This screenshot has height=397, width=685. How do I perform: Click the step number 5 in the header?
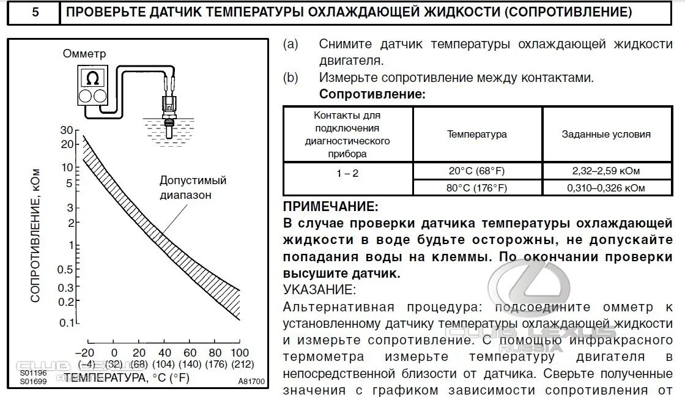click(34, 12)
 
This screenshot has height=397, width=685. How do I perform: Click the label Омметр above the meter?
click(84, 54)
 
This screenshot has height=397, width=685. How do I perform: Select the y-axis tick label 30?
click(67, 130)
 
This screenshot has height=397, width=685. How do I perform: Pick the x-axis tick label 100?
click(240, 352)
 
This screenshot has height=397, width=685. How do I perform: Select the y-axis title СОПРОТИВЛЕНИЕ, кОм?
click(35, 234)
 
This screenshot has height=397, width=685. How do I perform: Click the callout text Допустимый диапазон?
click(193, 188)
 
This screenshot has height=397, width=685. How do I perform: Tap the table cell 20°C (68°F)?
click(477, 171)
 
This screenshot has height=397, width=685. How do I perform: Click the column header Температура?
click(477, 134)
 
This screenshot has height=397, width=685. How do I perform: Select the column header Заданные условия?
click(606, 134)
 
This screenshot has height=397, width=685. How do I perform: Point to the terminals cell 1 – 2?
click(347, 173)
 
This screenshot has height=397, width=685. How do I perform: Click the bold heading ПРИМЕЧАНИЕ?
click(331, 207)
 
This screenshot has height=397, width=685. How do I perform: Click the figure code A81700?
click(251, 380)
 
